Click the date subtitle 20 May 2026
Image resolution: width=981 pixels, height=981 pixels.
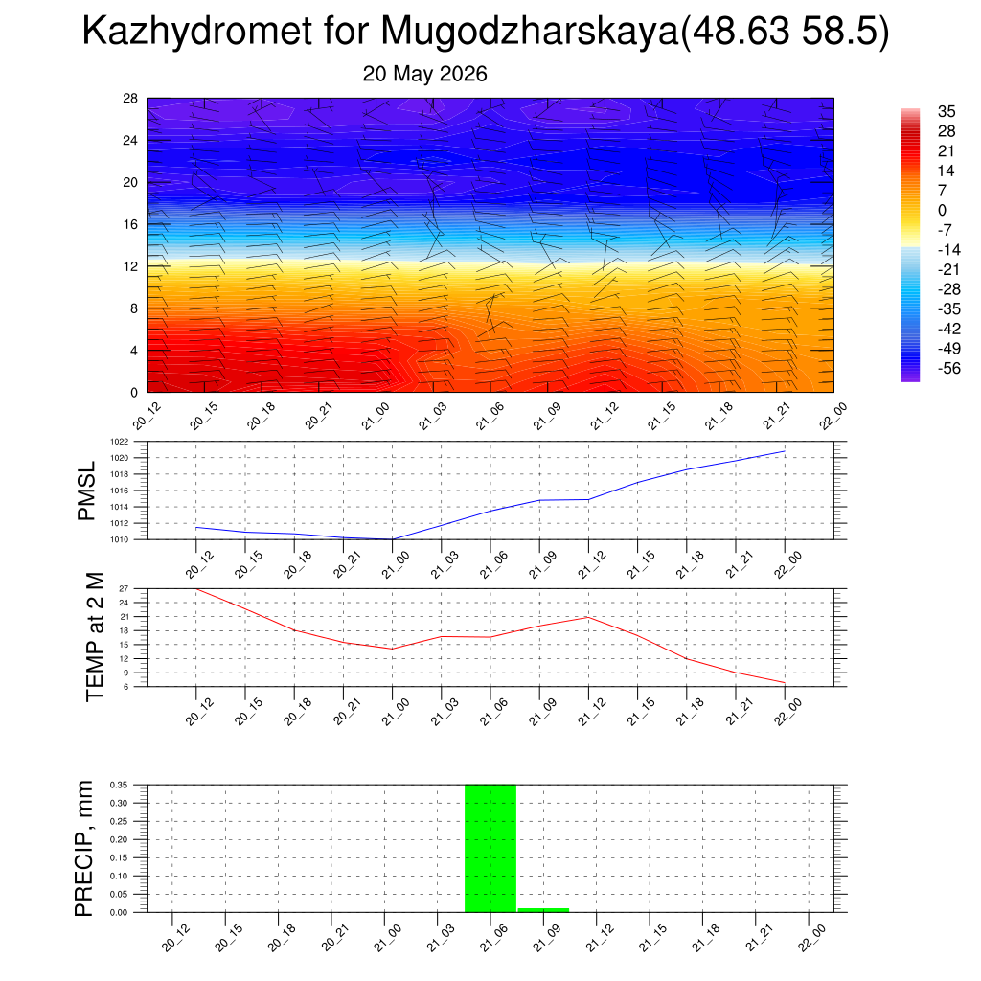coord(424,74)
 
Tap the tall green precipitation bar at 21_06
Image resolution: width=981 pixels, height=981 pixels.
coord(490,849)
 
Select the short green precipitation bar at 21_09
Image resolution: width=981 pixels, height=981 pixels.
coord(543,910)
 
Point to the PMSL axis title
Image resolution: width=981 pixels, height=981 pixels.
coord(86,491)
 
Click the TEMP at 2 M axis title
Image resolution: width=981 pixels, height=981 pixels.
coord(95,637)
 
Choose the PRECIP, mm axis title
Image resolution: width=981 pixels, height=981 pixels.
coord(83,849)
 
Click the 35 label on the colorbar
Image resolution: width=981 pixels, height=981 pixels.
coord(947,111)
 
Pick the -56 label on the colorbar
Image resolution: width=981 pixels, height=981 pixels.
coord(949,368)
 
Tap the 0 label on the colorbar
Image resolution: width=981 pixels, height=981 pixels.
coord(943,210)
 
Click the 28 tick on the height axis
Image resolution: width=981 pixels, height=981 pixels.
coord(130,99)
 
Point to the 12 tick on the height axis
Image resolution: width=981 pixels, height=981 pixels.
coord(130,266)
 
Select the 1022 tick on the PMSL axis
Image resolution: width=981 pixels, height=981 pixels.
coord(120,442)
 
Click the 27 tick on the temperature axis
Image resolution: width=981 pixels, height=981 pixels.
coord(124,589)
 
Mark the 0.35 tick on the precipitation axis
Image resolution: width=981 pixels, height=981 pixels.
coord(119,785)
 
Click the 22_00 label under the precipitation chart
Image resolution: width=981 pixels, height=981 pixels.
coord(812,938)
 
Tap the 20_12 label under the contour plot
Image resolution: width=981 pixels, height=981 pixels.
coord(147,416)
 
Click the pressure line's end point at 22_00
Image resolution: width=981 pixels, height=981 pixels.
coord(785,451)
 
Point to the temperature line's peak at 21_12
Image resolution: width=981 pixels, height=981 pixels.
coord(588,618)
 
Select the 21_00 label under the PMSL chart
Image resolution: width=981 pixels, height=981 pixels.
coord(395,564)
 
